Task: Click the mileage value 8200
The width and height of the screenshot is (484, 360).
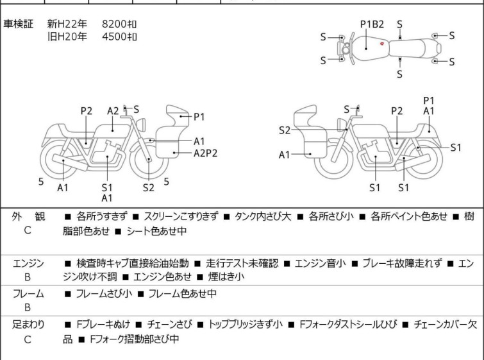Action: click(114, 24)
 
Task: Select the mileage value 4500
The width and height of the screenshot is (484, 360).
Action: click(114, 37)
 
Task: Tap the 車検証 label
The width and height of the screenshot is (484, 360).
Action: click(18, 24)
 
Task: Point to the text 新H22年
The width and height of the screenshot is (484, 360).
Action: click(67, 24)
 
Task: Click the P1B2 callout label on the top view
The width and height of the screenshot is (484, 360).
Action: click(372, 24)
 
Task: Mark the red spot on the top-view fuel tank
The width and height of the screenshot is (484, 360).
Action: click(382, 44)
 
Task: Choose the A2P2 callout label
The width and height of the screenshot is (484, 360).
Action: click(205, 153)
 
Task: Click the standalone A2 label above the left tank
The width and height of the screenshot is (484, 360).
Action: click(113, 111)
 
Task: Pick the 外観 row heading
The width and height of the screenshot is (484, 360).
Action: click(28, 216)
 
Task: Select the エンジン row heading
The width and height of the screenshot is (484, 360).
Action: click(28, 263)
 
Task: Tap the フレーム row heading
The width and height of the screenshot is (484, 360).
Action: click(28, 293)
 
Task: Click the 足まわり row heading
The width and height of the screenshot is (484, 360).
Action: click(28, 325)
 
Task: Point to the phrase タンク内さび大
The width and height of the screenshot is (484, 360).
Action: click(263, 216)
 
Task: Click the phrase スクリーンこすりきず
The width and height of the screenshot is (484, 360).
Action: click(181, 216)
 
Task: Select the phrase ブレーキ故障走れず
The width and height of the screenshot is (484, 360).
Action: click(402, 263)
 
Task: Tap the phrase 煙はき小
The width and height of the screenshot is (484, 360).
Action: click(226, 277)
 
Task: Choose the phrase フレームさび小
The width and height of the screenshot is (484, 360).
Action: click(104, 293)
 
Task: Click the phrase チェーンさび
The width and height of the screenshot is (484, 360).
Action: click(169, 325)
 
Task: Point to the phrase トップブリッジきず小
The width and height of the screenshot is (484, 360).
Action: click(246, 325)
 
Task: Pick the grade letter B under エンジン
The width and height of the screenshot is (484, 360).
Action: click(28, 277)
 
